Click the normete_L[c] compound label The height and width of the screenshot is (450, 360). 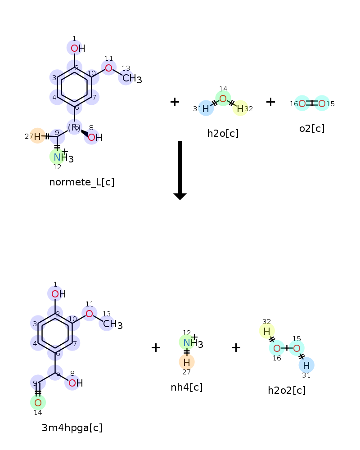82,182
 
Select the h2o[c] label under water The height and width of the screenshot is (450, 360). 223,133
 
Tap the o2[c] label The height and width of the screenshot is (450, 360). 312,128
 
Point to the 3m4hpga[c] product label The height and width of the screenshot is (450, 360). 72,427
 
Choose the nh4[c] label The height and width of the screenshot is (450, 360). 187,387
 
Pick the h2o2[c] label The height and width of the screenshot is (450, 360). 287,390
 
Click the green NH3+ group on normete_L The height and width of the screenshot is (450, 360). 57,157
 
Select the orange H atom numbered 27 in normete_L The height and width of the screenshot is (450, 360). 37,136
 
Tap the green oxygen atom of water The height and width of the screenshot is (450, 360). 223,99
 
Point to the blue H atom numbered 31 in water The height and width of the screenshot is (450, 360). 206,108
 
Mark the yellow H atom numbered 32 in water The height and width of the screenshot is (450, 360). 240,108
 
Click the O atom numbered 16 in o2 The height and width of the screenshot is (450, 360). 302,104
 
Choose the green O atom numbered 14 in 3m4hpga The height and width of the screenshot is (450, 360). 38,402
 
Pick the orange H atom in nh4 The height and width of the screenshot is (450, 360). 187,361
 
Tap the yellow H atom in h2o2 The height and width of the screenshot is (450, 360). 267,331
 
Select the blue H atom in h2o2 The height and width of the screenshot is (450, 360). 306,364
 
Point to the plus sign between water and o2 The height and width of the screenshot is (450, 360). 270,102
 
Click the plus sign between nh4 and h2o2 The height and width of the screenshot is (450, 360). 236,347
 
